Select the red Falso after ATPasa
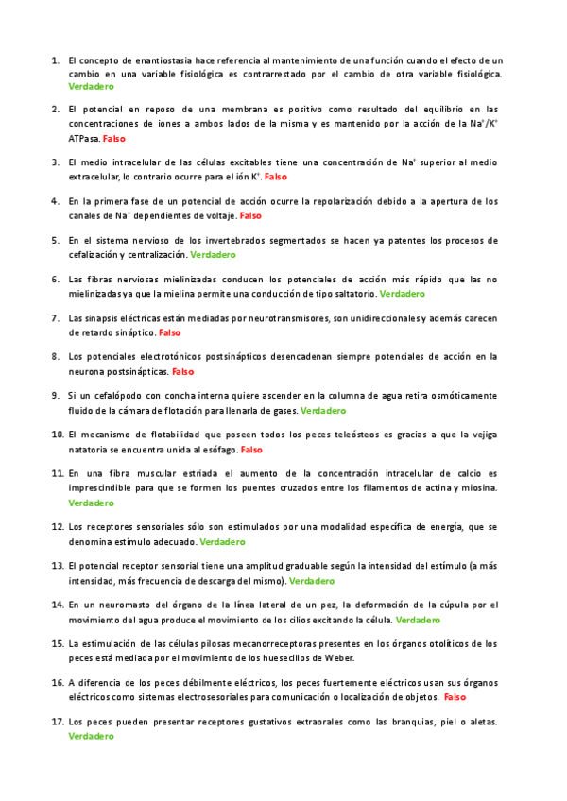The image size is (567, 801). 113,138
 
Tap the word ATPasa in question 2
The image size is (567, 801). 83,138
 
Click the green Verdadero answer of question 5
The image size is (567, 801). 213,255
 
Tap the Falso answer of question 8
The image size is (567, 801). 182,372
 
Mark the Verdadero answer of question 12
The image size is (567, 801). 223,542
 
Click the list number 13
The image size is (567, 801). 57,566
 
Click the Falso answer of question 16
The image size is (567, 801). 455,697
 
